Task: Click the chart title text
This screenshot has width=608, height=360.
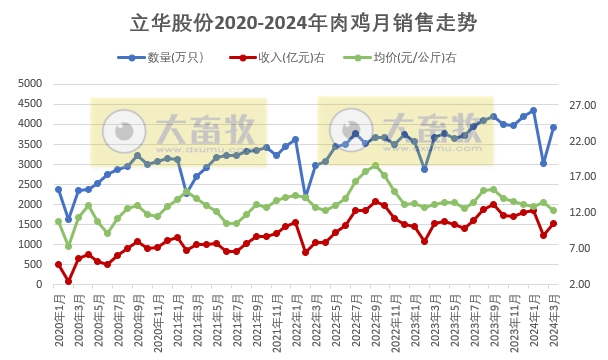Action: click(x=304, y=23)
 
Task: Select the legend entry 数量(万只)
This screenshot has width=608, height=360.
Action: click(x=175, y=57)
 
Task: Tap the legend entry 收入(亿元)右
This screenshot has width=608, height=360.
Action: click(x=291, y=57)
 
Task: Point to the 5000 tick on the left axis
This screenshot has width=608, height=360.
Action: click(x=30, y=83)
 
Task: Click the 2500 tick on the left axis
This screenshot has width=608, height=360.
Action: click(x=30, y=184)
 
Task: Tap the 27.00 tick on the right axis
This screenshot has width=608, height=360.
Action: click(x=581, y=104)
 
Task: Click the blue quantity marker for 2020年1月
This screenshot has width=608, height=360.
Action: click(x=58, y=189)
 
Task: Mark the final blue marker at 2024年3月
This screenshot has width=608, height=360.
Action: click(x=553, y=127)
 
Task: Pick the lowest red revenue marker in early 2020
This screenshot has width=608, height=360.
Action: click(x=68, y=281)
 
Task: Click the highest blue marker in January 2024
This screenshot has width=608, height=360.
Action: click(x=533, y=111)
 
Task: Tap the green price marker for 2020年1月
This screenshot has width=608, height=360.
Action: click(x=58, y=222)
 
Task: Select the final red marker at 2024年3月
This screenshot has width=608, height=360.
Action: click(x=553, y=223)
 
